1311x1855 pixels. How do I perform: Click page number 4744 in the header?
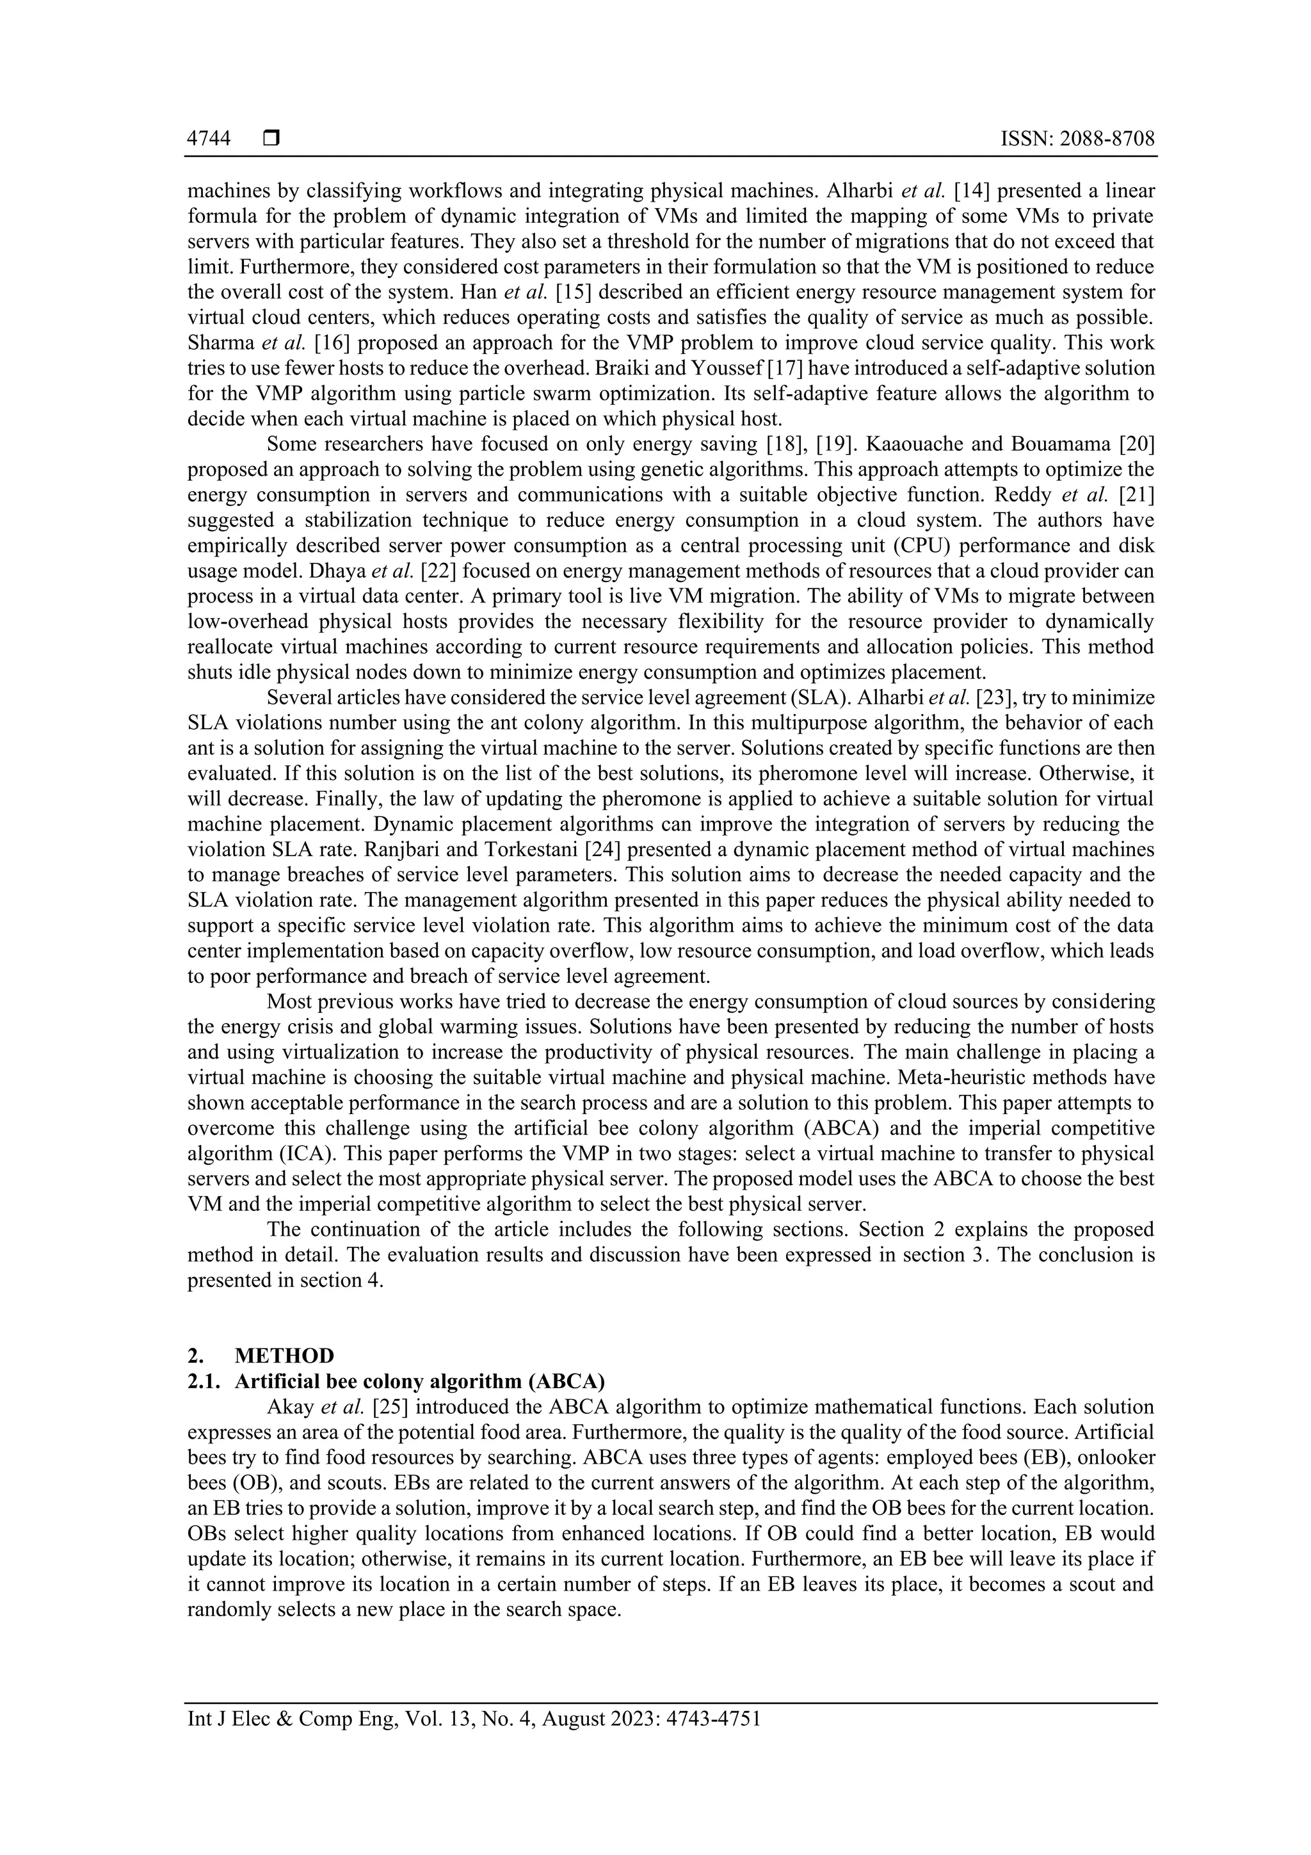click(209, 139)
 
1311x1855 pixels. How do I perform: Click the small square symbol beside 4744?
click(271, 139)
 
